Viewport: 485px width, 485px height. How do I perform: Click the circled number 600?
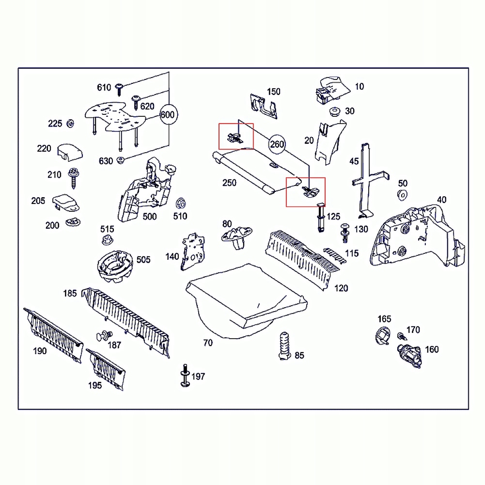(167, 115)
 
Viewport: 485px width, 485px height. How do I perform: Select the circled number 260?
(277, 144)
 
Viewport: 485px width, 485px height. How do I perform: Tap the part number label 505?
(143, 260)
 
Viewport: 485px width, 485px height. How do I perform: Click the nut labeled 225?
(70, 124)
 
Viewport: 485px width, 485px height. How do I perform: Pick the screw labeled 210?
(74, 176)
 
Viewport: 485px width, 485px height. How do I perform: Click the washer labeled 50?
(402, 195)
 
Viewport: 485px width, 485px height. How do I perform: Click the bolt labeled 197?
(185, 376)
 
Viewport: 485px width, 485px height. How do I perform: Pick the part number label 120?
(341, 288)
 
